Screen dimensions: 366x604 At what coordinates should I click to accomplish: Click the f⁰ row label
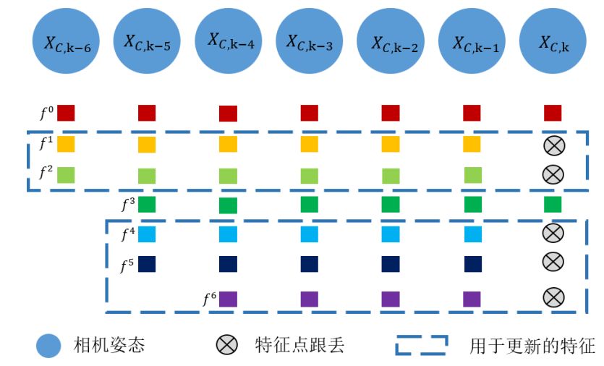pyautogui.click(x=46, y=113)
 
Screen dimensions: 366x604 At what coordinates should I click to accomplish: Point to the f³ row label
pyautogui.click(x=127, y=204)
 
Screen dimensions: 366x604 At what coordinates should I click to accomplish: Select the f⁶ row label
pyautogui.click(x=208, y=297)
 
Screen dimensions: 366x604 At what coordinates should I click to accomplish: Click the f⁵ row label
pyautogui.click(x=127, y=265)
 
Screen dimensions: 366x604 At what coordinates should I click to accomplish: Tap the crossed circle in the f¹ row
pyautogui.click(x=553, y=145)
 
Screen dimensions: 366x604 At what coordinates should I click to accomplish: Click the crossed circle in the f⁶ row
pyautogui.click(x=553, y=297)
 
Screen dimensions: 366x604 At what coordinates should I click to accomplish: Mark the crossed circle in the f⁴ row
pyautogui.click(x=553, y=232)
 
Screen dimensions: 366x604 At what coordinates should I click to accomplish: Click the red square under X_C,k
pyautogui.click(x=553, y=113)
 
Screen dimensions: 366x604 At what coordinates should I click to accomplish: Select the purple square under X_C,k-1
pyautogui.click(x=472, y=298)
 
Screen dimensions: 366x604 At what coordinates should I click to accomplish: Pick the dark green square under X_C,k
pyautogui.click(x=553, y=204)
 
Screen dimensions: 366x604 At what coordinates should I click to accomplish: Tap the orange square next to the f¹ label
pyautogui.click(x=66, y=144)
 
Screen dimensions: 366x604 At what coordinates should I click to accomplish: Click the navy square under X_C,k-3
pyautogui.click(x=310, y=264)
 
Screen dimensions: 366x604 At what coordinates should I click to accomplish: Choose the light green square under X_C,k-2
pyautogui.click(x=391, y=175)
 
